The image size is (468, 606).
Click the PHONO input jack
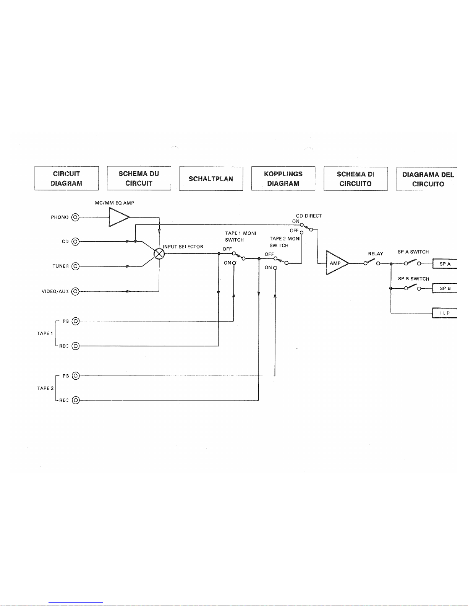point(75,218)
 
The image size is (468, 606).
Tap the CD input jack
point(75,242)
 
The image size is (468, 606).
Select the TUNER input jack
point(75,266)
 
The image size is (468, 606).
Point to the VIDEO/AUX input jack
point(75,291)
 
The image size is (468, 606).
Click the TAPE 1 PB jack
point(76,321)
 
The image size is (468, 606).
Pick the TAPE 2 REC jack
point(76,400)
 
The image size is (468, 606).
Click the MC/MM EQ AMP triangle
point(118,217)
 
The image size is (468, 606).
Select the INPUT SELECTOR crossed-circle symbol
point(159,253)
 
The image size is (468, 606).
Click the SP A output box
point(445,264)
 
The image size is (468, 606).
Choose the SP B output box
point(445,288)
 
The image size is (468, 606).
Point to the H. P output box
point(445,313)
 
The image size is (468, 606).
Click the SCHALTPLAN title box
point(211,179)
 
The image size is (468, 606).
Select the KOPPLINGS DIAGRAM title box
point(283,179)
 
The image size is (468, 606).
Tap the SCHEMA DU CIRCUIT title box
point(139,178)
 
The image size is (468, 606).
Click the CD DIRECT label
point(309,216)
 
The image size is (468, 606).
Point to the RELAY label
point(375,253)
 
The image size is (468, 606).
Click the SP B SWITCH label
point(413,279)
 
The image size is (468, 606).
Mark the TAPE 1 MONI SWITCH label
point(240,236)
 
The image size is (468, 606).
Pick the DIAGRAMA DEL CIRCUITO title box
point(427,179)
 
